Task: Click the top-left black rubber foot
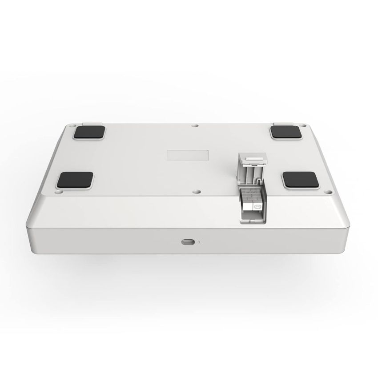tap(91, 132)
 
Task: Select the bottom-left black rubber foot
tap(75, 180)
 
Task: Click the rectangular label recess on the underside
tap(188, 155)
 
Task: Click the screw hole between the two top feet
tap(194, 126)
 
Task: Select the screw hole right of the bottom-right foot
tap(329, 192)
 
